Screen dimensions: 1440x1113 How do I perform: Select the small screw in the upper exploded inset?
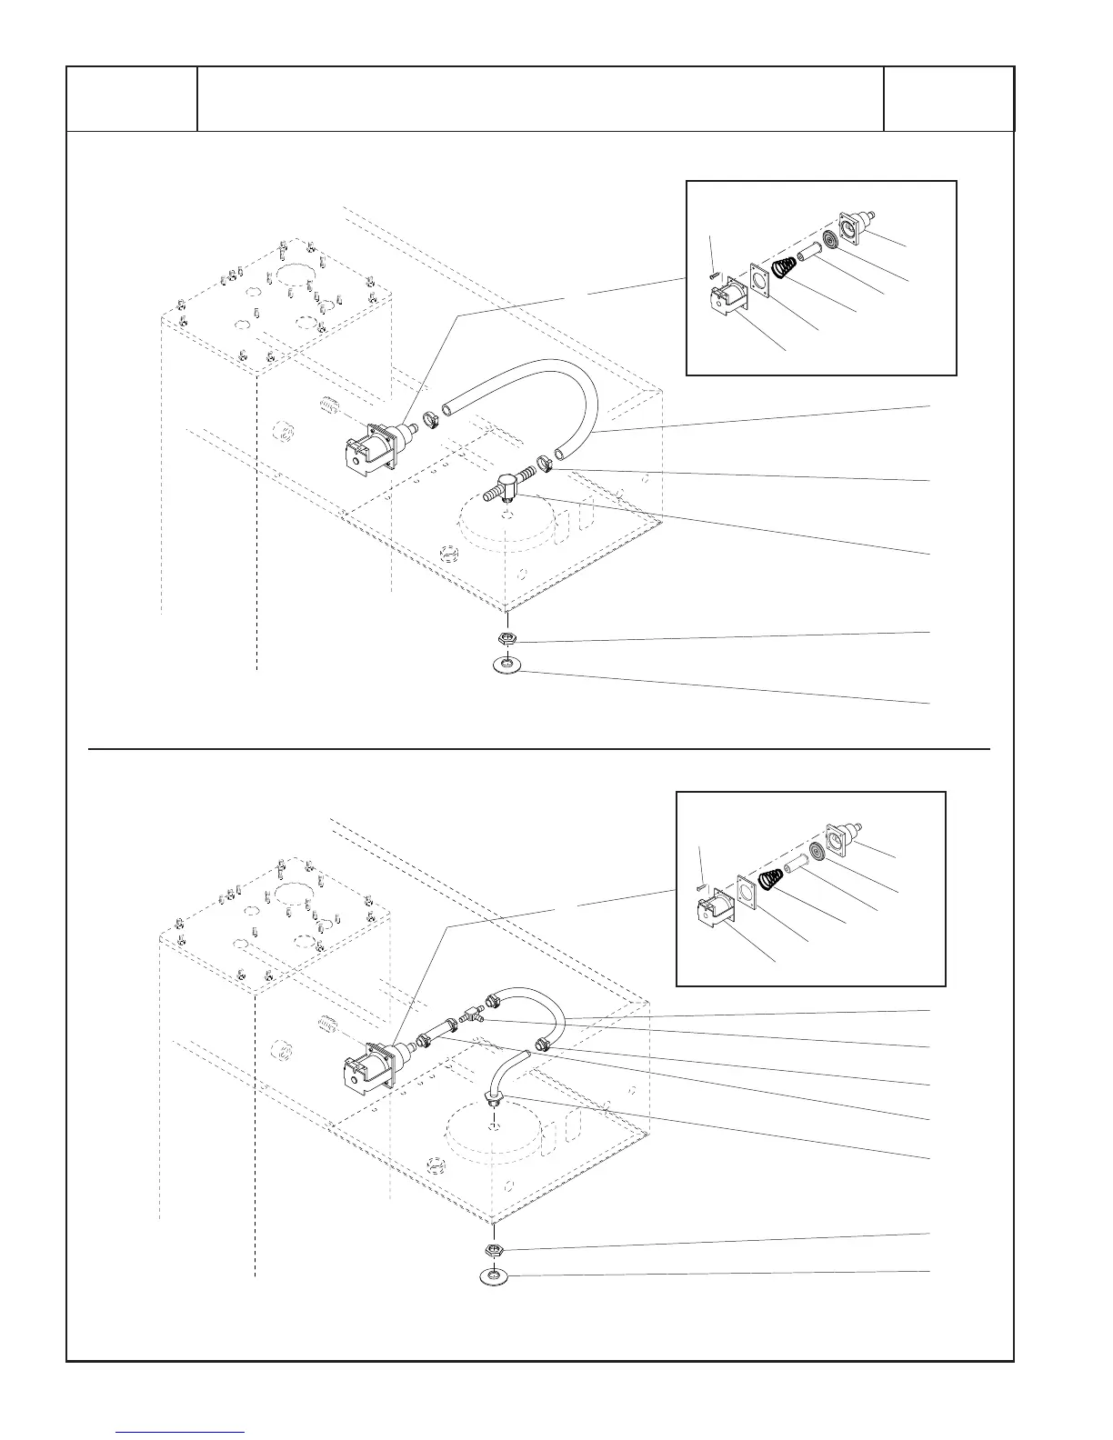715,272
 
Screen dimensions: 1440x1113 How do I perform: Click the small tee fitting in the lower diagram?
474,1013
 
